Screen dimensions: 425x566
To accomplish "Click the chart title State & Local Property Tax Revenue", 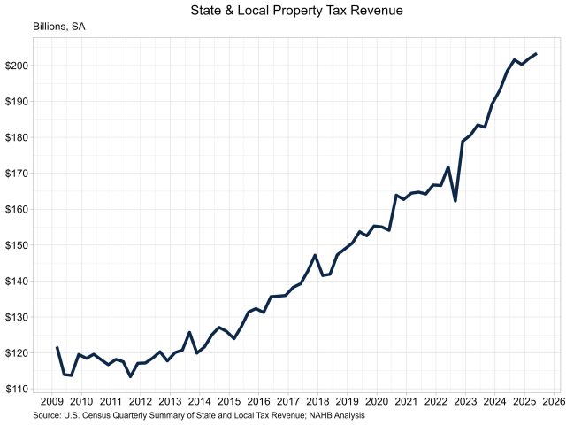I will pos(283,11).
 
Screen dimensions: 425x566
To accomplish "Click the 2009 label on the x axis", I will pos(52,401).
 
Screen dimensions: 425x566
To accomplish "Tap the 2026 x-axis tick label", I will pos(555,401).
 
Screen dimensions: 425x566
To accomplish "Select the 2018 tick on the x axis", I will pos(317,401).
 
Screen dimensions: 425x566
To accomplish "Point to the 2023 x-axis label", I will pos(466,401).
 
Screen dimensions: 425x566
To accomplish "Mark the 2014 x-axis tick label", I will pos(200,401).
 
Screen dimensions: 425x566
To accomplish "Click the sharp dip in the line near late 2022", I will pos(455,201).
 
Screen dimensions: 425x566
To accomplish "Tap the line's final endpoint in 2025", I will pos(536,54).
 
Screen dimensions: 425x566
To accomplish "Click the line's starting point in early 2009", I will pos(57,348).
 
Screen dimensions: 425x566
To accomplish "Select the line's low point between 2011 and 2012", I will pos(130,376).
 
